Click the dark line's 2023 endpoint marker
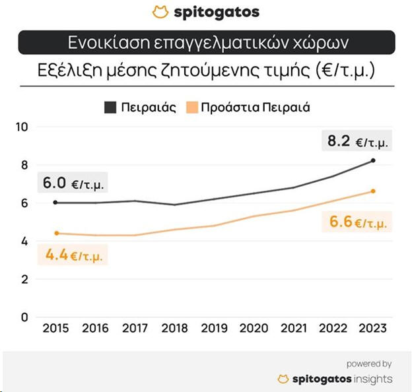coord(374,160)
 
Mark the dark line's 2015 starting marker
coord(55,203)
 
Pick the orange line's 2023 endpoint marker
coord(374,191)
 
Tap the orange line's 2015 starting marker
coord(55,233)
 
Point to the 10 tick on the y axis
coord(23,127)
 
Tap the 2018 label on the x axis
coord(175,328)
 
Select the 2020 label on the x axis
coord(254,328)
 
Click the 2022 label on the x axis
coord(333,328)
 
